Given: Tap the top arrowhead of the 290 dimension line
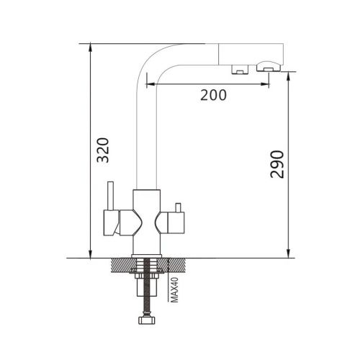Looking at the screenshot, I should [289, 74].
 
